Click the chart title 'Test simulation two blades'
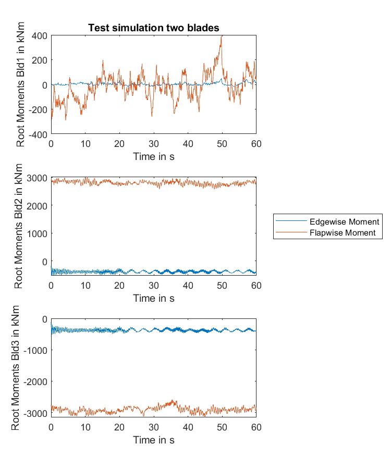(x=153, y=28)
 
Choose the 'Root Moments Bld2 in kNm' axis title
(x=19, y=227)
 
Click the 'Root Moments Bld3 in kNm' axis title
(x=16, y=368)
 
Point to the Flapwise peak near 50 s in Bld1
(x=222, y=36)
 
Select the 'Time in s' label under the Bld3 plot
(x=153, y=440)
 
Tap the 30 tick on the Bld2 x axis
(x=153, y=286)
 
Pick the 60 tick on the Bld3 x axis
(x=256, y=427)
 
